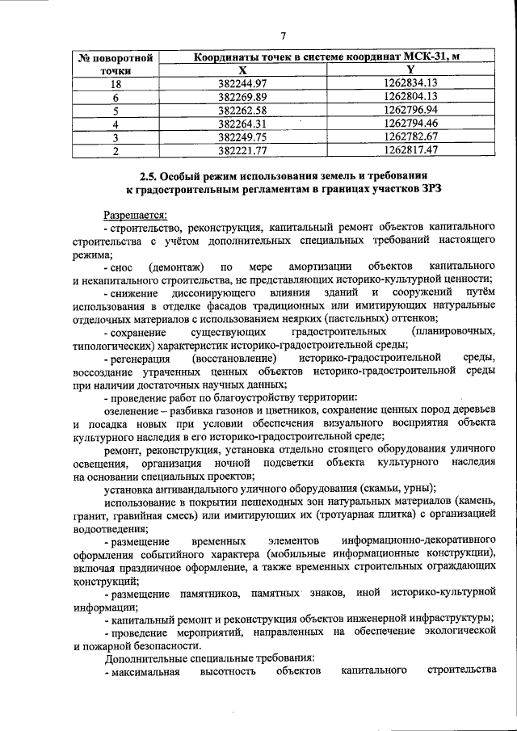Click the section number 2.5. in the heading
click(149, 174)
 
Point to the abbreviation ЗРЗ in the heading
click(430, 188)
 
